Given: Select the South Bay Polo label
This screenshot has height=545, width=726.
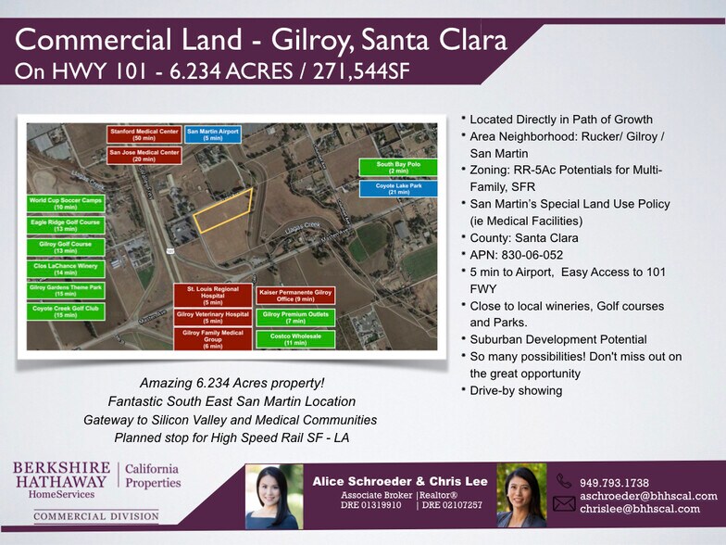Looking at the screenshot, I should (398, 168).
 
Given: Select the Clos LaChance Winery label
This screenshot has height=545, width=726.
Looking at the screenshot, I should (66, 269).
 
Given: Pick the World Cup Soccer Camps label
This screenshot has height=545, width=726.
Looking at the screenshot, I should (66, 203).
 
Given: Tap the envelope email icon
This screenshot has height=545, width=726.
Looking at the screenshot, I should (564, 503).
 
